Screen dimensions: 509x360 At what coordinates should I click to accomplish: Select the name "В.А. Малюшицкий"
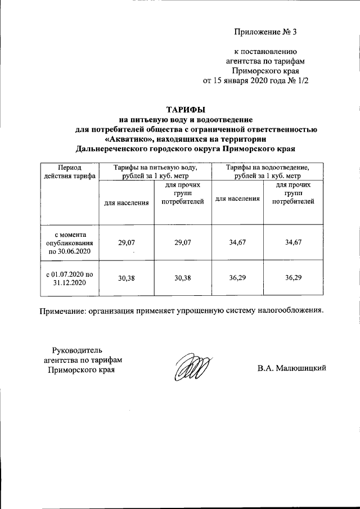pos(292,369)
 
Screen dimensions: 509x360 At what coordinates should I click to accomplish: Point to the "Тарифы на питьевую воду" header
pos(155,172)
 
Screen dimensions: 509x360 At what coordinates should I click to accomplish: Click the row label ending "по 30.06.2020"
pos(69,242)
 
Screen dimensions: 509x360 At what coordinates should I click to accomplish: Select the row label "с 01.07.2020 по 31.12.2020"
pos(69,277)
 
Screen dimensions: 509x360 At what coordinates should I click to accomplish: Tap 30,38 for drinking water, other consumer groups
pos(182,277)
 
